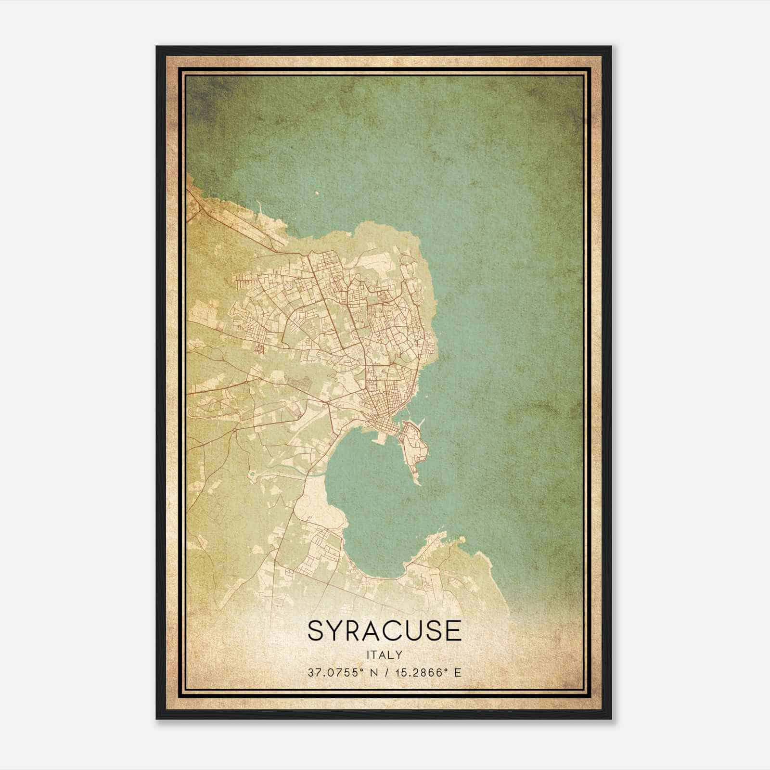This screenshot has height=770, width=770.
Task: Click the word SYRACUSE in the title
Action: pyautogui.click(x=384, y=631)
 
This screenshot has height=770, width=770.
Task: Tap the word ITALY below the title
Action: pyautogui.click(x=384, y=654)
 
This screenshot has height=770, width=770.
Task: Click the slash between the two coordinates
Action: pyautogui.click(x=384, y=672)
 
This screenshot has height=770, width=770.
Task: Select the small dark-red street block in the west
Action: pyautogui.click(x=260, y=347)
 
